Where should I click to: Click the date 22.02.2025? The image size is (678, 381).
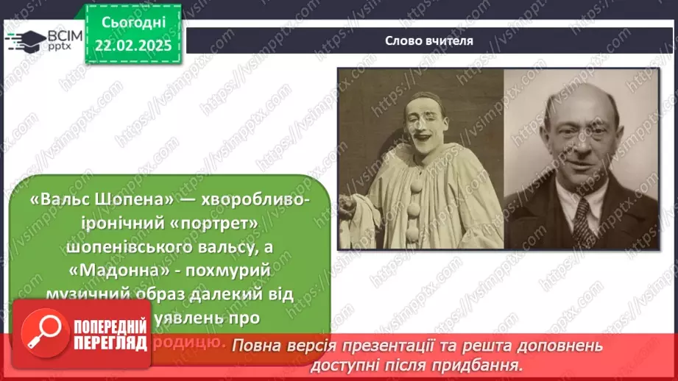[133, 46]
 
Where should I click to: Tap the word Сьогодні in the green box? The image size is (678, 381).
[133, 23]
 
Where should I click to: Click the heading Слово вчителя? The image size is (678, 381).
[429, 41]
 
